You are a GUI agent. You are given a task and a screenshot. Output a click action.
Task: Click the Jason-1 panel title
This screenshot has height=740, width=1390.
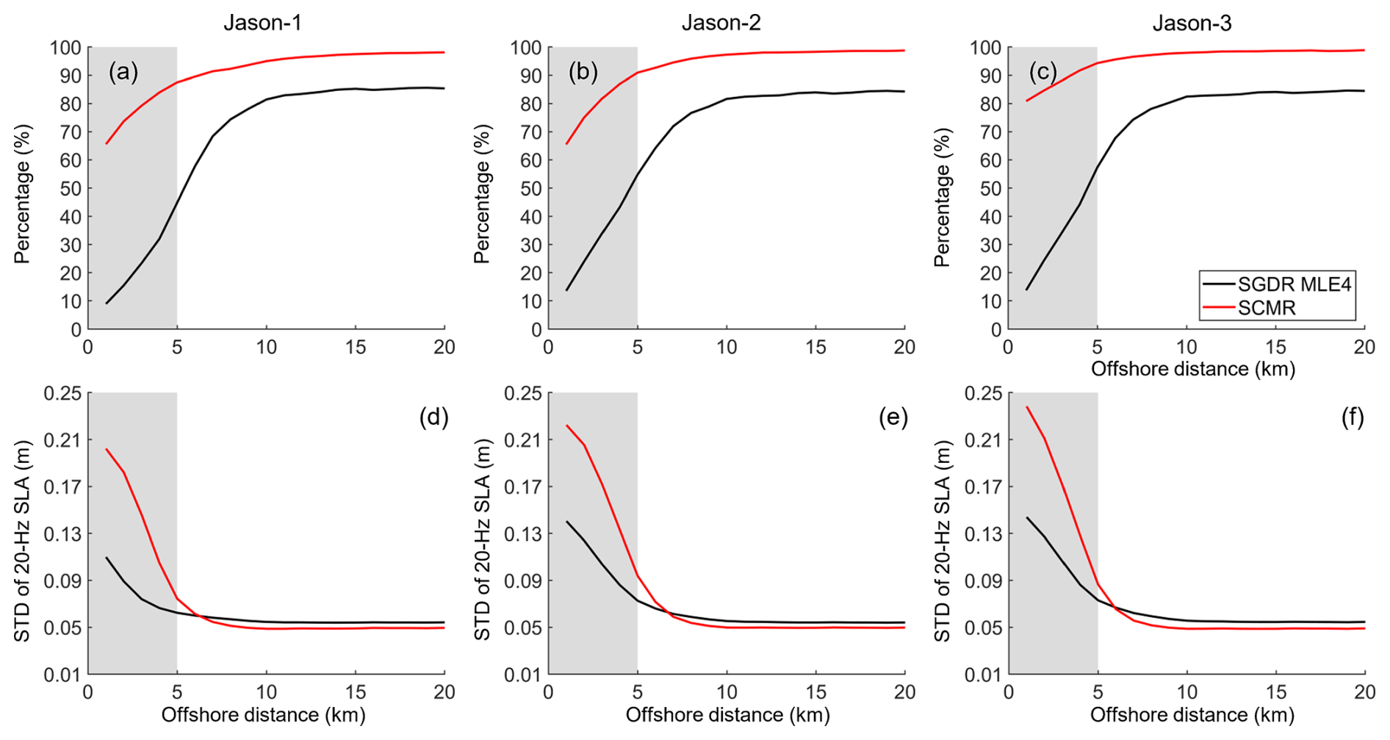coord(262,23)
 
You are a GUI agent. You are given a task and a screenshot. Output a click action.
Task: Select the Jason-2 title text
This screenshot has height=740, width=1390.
coord(721,23)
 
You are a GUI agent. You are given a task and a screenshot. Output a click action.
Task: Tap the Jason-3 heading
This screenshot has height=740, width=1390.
coord(1192,23)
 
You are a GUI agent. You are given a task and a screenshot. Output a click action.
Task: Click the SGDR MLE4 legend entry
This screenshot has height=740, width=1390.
coord(1294,284)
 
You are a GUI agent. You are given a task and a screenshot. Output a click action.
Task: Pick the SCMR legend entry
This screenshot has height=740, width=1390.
coord(1267,308)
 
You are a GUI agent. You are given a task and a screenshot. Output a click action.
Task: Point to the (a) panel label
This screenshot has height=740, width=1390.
coord(123,71)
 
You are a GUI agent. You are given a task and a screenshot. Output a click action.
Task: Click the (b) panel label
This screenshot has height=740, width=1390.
coord(583,71)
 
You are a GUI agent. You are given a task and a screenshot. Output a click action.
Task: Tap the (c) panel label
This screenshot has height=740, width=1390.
coord(1042,71)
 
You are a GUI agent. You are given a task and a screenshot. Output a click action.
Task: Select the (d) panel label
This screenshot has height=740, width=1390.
coord(433,417)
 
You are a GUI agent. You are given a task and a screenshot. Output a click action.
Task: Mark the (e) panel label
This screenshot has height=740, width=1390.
coord(893,417)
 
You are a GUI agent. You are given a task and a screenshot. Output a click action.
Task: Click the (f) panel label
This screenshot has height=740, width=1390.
coord(1353,417)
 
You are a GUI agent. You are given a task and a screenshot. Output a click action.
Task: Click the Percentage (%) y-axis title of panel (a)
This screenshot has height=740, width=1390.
coord(23,194)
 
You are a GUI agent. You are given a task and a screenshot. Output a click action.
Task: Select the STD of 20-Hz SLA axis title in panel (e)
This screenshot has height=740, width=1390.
coord(482,540)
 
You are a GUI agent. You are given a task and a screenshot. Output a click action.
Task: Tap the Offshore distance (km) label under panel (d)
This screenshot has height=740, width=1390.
coord(263,714)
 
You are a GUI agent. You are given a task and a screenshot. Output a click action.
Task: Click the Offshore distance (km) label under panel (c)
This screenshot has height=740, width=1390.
coord(1192,368)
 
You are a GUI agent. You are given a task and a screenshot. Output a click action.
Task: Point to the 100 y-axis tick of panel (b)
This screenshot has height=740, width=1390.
coord(525,48)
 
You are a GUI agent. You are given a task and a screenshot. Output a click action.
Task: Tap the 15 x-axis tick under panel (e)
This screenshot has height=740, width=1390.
coord(815,692)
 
